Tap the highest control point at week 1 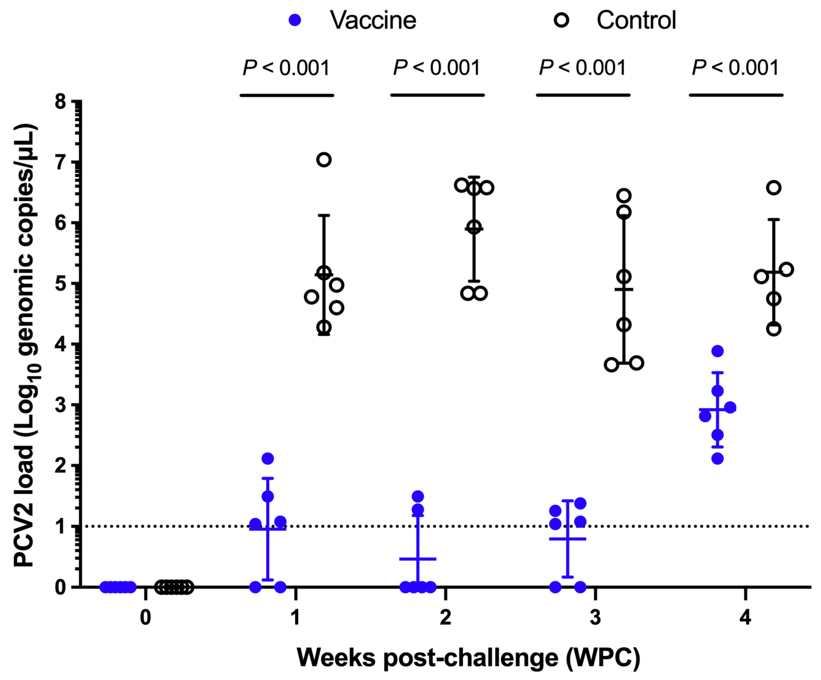coord(324,160)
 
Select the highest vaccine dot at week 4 coord(717,351)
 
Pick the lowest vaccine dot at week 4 coord(717,459)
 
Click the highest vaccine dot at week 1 coord(268,458)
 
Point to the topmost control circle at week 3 coord(624,196)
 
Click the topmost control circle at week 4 coord(774,188)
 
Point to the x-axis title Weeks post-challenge coord(468,657)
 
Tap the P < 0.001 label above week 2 coord(437,68)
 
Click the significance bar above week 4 coord(736,95)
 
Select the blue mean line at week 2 coord(418,559)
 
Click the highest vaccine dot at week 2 coord(418,496)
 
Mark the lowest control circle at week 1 coord(324,327)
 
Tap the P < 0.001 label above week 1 coord(286,68)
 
